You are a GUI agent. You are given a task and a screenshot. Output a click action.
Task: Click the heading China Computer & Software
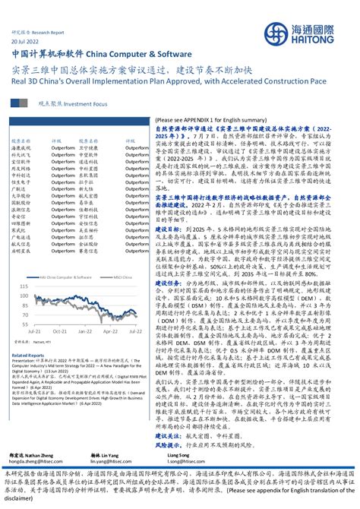click(x=109, y=55)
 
